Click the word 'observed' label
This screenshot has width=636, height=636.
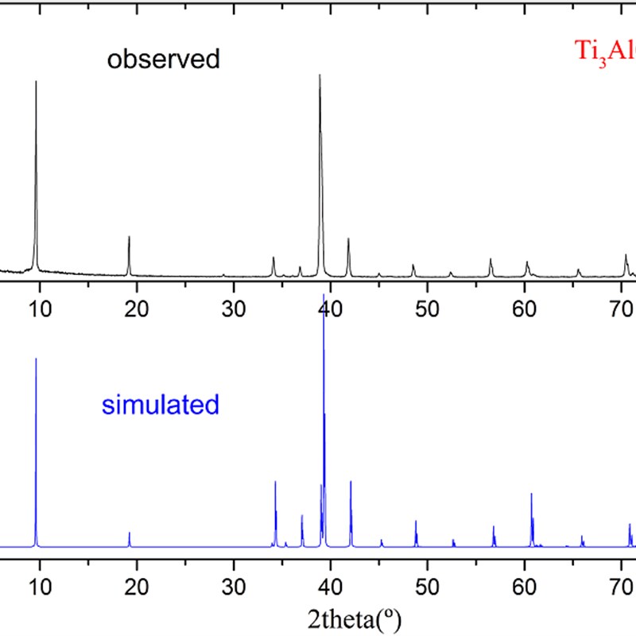(164, 60)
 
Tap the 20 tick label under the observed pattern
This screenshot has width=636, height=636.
(137, 308)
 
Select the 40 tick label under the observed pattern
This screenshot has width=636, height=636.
(331, 308)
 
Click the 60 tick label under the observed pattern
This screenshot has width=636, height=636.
(525, 308)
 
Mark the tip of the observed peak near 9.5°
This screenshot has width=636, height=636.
(36, 81)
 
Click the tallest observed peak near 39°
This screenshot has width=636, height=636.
(320, 76)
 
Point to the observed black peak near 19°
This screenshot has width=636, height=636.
(129, 237)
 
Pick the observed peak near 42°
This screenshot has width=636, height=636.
(348, 238)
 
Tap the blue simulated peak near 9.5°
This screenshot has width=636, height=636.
(36, 359)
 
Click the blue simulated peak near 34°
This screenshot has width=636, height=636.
(275, 482)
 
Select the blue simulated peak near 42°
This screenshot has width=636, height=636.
(351, 481)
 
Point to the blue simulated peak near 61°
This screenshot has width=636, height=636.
(531, 494)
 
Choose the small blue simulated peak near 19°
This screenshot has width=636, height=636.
(130, 533)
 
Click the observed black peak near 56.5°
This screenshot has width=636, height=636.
(491, 259)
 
